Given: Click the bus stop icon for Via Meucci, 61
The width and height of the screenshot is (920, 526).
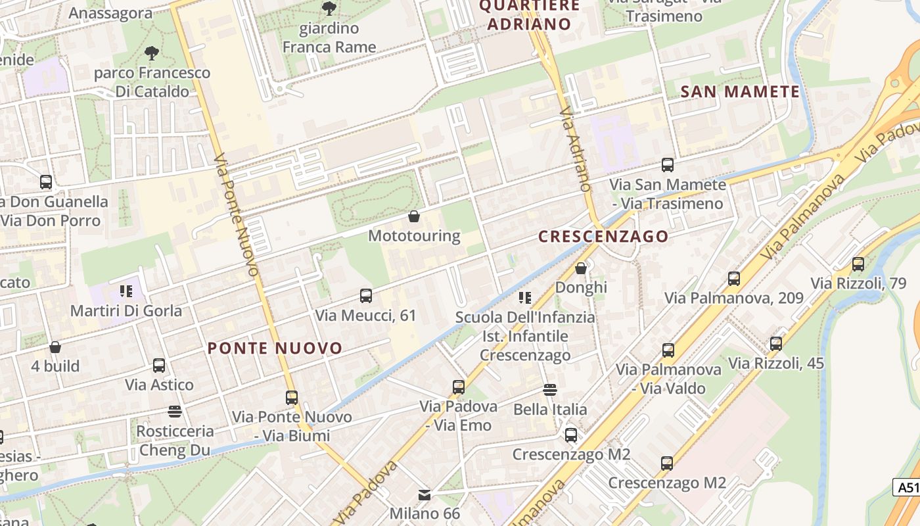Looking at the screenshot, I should (366, 296).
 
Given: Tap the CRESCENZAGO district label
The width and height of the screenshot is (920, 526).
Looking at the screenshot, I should (603, 236).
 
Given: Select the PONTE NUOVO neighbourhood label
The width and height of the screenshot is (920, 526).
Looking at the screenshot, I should (275, 348).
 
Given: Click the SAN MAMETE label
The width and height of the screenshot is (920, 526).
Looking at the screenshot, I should (740, 91).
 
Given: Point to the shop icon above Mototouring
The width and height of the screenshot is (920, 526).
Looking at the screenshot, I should (414, 216).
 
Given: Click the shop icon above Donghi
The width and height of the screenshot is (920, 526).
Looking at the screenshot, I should (581, 268).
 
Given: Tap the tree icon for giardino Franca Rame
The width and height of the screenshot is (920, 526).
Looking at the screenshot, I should (329, 9).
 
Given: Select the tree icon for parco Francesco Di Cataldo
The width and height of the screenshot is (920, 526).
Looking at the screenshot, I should (152, 53).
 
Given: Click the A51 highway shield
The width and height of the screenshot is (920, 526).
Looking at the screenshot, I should (907, 487).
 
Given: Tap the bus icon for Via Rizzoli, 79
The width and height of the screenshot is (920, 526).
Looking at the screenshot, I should (858, 264).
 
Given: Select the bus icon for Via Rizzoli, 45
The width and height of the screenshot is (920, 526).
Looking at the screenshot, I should (775, 343).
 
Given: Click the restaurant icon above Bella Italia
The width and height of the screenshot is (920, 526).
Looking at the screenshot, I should (550, 390).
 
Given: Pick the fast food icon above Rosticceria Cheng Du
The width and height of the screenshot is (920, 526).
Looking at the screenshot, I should (175, 412).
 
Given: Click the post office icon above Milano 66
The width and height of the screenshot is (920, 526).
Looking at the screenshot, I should (425, 494).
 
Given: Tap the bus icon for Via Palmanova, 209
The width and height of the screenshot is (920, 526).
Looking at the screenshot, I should (733, 279).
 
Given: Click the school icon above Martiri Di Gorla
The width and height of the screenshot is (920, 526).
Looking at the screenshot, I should (126, 291).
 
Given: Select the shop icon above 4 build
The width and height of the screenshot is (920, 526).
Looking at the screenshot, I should (55, 347).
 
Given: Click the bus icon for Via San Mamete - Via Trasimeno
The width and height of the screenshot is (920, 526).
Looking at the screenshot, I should (668, 165).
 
